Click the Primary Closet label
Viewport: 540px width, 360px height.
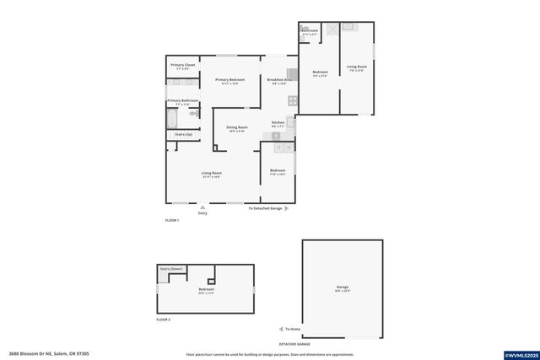click(183, 65)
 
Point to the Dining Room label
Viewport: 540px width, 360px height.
click(236, 127)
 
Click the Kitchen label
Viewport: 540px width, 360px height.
click(278, 123)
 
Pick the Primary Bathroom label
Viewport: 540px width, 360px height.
click(182, 100)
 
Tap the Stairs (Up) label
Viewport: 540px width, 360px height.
click(183, 134)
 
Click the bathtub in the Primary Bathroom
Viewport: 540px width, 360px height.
click(171, 117)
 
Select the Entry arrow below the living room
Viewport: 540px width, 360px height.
click(202, 206)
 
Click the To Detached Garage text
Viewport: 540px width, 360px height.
click(264, 207)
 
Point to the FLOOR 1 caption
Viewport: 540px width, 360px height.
click(172, 221)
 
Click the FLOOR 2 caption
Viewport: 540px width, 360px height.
click(164, 320)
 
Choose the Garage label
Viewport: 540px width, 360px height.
click(343, 287)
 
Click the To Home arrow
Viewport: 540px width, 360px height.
click(282, 329)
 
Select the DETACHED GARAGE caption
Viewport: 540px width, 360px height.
click(294, 344)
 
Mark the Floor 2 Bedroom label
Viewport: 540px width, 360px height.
click(206, 290)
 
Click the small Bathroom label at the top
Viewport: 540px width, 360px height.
click(309, 30)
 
